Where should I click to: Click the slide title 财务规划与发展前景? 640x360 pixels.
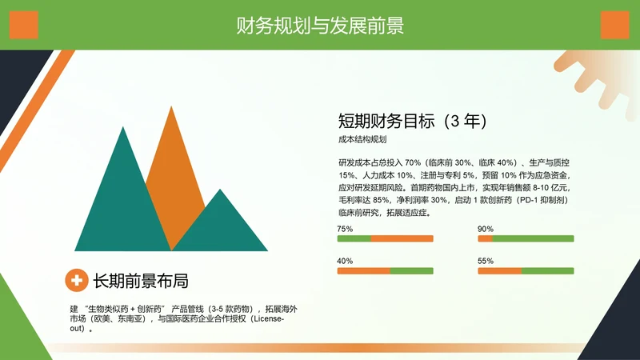[x=319, y=26]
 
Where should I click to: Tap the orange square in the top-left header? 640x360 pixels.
[x=24, y=25]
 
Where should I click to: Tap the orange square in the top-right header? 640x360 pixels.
[x=614, y=25]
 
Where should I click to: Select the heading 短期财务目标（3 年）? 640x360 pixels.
[x=413, y=122]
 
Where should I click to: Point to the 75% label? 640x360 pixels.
[x=345, y=229]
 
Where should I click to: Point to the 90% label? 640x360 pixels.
[x=486, y=229]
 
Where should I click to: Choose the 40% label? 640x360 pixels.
[x=345, y=261]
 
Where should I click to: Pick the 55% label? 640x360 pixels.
[x=486, y=261]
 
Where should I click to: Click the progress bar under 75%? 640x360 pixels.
[x=385, y=238]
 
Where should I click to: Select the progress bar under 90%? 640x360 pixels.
[x=526, y=238]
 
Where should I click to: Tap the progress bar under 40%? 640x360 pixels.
[x=385, y=270]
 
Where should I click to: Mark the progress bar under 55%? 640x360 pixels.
[x=526, y=270]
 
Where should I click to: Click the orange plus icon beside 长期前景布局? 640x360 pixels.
[x=77, y=280]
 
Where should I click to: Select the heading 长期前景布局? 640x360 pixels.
[x=141, y=281]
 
